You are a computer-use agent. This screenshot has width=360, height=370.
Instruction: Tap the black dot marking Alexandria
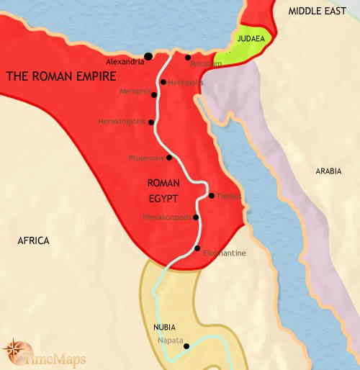pos(148,56)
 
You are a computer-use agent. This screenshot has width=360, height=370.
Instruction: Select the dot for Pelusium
pos(187,57)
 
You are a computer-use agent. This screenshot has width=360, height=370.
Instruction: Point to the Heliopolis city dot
pos(163,82)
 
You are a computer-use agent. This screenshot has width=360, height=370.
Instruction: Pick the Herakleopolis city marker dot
pos(150,122)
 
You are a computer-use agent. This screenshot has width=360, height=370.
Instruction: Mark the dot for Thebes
pos(210,195)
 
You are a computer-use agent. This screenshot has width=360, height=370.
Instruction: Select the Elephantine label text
pos(224,253)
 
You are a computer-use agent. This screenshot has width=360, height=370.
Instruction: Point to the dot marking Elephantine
pos(197,248)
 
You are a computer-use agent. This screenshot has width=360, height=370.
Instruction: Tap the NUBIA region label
pos(166,327)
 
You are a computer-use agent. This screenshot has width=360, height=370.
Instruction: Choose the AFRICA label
pos(33,240)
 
